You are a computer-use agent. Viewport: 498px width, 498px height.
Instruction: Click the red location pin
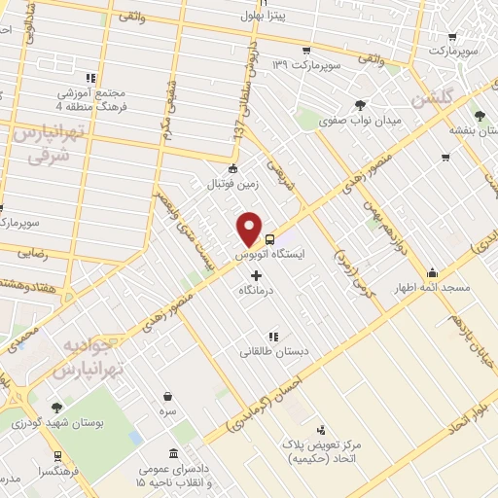(x=251, y=229)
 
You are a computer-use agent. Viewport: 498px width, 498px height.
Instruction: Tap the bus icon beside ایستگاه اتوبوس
(x=269, y=238)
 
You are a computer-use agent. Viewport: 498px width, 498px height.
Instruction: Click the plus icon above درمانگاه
(x=256, y=275)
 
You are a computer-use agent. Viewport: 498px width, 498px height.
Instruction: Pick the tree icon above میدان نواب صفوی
(x=361, y=105)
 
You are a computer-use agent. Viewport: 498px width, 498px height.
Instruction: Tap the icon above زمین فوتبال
(x=231, y=169)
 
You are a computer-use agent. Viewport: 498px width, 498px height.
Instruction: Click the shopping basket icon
(x=169, y=396)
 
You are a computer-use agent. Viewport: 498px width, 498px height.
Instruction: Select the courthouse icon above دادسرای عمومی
(x=173, y=454)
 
